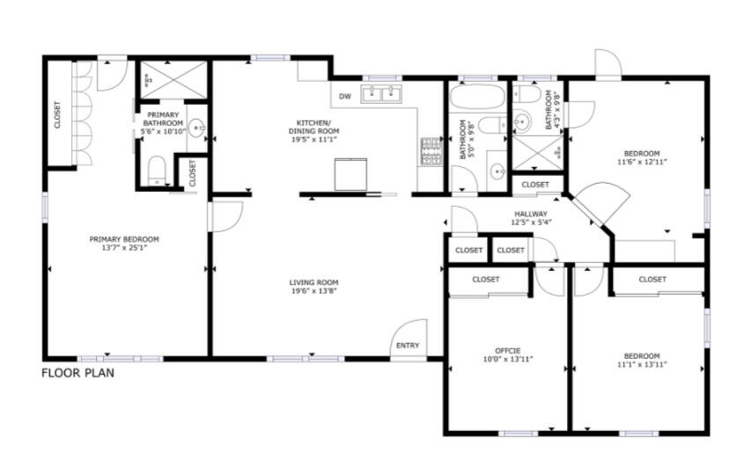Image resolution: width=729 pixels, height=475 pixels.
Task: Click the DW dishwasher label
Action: point(345,96)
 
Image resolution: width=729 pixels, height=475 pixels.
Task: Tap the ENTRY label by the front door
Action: point(408,346)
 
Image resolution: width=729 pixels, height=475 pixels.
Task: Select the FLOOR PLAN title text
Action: point(77,373)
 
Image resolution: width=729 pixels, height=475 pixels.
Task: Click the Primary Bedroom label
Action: point(124,238)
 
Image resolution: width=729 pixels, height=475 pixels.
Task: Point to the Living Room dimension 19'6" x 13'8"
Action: point(314,291)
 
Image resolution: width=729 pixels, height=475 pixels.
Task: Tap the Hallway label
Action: point(531,214)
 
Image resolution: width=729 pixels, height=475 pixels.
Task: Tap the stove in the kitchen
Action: point(431,151)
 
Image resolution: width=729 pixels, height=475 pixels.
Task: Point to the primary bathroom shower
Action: point(173,79)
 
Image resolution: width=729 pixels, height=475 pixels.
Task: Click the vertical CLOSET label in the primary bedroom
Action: point(58,115)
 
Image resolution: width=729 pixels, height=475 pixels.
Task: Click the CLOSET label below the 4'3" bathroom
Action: point(535,185)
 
